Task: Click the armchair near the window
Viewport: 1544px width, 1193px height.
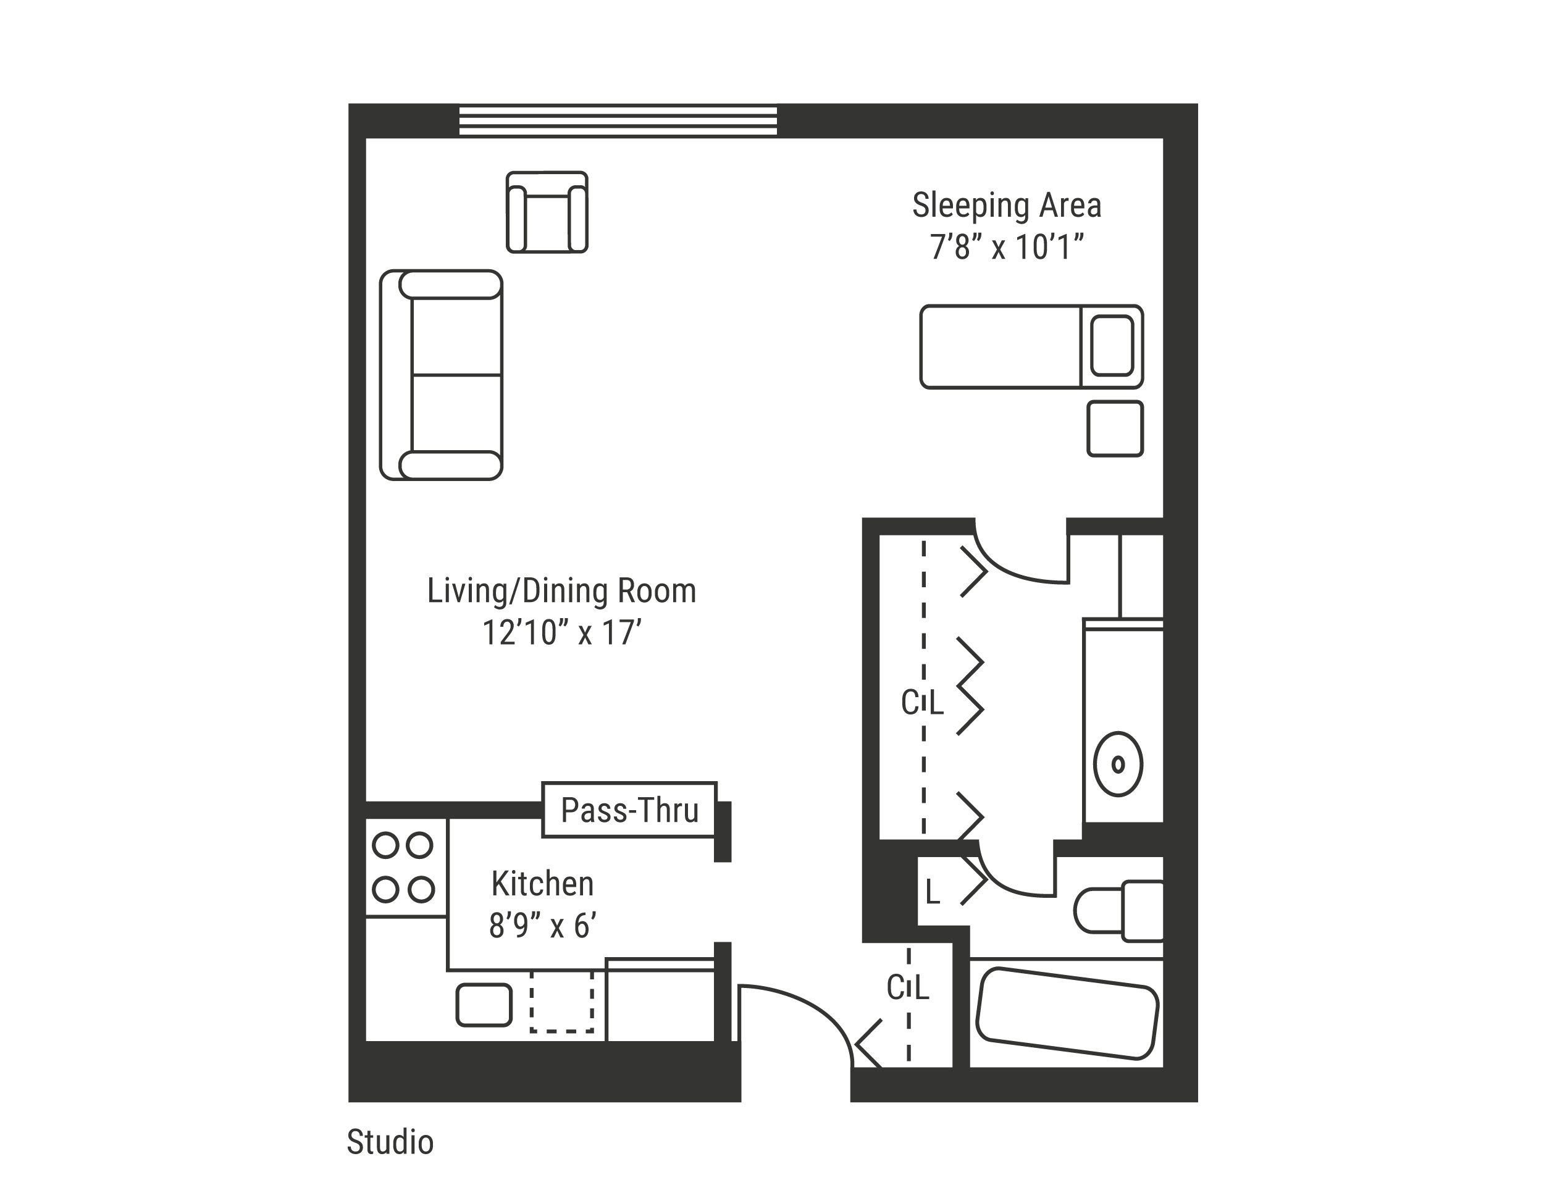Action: point(547,212)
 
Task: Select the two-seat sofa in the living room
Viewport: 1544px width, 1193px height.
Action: point(441,375)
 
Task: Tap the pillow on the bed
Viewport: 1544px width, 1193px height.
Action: point(1112,346)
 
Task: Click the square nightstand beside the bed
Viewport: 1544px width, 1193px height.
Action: point(1115,429)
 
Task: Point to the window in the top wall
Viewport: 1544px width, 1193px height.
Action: point(618,120)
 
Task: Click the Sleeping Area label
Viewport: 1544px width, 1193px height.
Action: point(1007,205)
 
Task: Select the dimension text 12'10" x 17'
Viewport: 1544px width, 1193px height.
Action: point(561,632)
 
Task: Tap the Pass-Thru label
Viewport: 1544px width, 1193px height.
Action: point(629,810)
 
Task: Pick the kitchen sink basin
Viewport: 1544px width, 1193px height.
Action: point(484,1004)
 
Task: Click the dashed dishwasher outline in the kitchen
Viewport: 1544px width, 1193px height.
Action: point(562,1001)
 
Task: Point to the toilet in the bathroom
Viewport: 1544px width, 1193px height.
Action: point(1118,910)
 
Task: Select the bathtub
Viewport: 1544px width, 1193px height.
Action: point(1067,1013)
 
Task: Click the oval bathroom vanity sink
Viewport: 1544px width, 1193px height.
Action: point(1118,764)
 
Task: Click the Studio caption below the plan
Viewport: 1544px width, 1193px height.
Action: point(390,1141)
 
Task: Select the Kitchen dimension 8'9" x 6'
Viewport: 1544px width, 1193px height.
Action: point(542,925)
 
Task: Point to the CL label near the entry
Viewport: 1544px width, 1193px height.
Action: point(908,987)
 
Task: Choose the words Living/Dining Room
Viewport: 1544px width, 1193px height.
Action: point(561,591)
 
